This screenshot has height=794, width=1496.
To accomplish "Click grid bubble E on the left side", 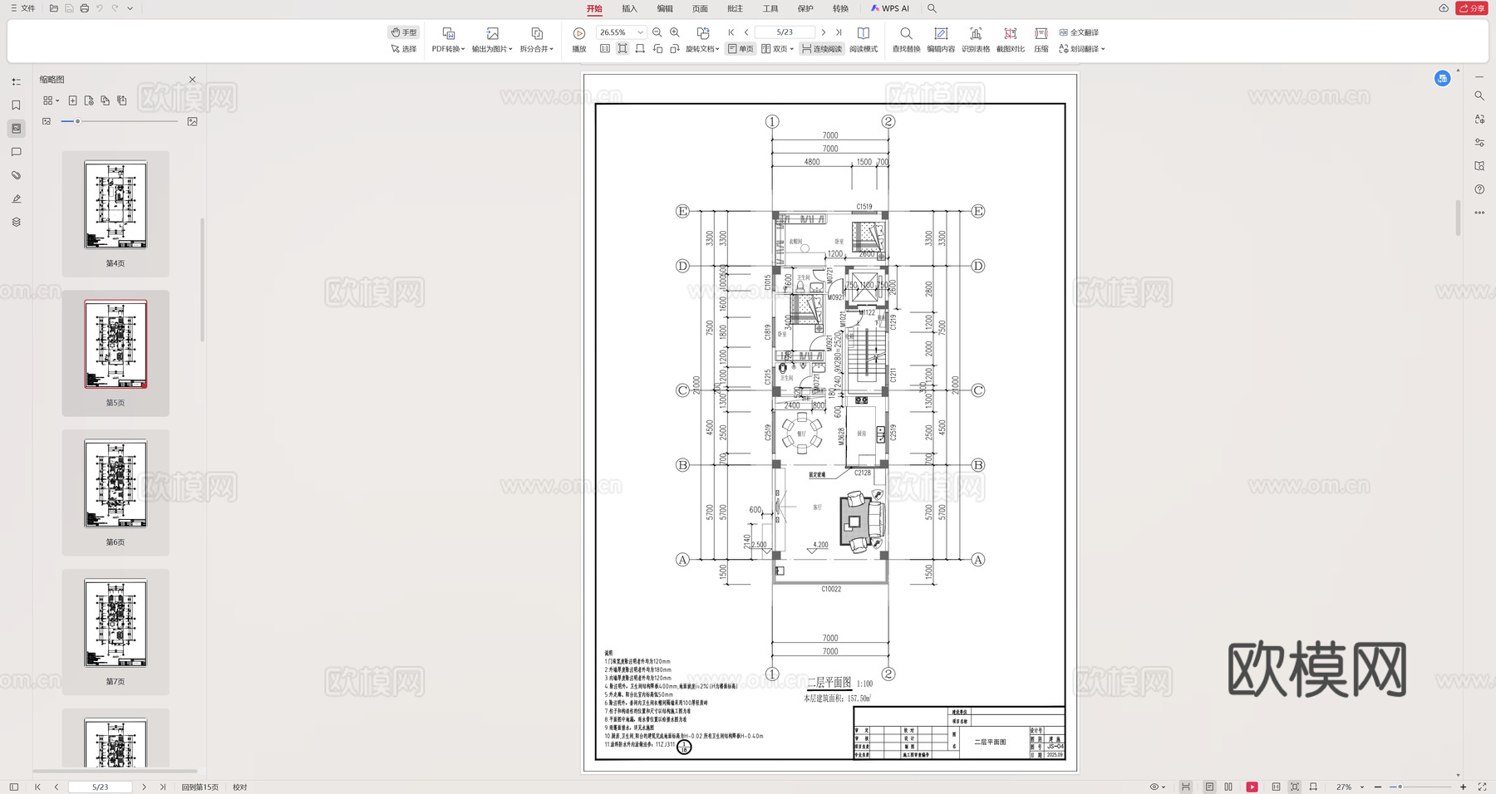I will (x=682, y=212).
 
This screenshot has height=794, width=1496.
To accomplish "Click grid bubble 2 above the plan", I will (x=888, y=122).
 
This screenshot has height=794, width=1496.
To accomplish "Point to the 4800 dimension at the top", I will (x=812, y=162).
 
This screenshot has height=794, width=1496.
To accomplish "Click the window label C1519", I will (x=864, y=207).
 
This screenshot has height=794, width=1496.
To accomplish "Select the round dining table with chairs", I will (x=801, y=434).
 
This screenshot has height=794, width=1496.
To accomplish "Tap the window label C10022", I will (x=831, y=589).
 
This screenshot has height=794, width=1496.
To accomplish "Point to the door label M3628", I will (x=841, y=437).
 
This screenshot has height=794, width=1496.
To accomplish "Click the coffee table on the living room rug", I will (x=854, y=522).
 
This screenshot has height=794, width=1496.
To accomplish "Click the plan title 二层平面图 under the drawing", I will (x=829, y=683).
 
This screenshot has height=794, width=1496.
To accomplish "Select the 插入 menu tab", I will (x=629, y=8).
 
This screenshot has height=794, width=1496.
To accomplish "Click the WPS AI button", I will (x=890, y=8).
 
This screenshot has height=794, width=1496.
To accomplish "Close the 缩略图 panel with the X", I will (x=193, y=80).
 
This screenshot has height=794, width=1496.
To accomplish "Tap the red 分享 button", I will (x=1472, y=8).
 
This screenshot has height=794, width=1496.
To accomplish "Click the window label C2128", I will (x=863, y=473).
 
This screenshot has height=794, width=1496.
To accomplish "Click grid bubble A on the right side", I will (x=978, y=560).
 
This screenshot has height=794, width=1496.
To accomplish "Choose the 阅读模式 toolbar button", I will (x=864, y=39).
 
